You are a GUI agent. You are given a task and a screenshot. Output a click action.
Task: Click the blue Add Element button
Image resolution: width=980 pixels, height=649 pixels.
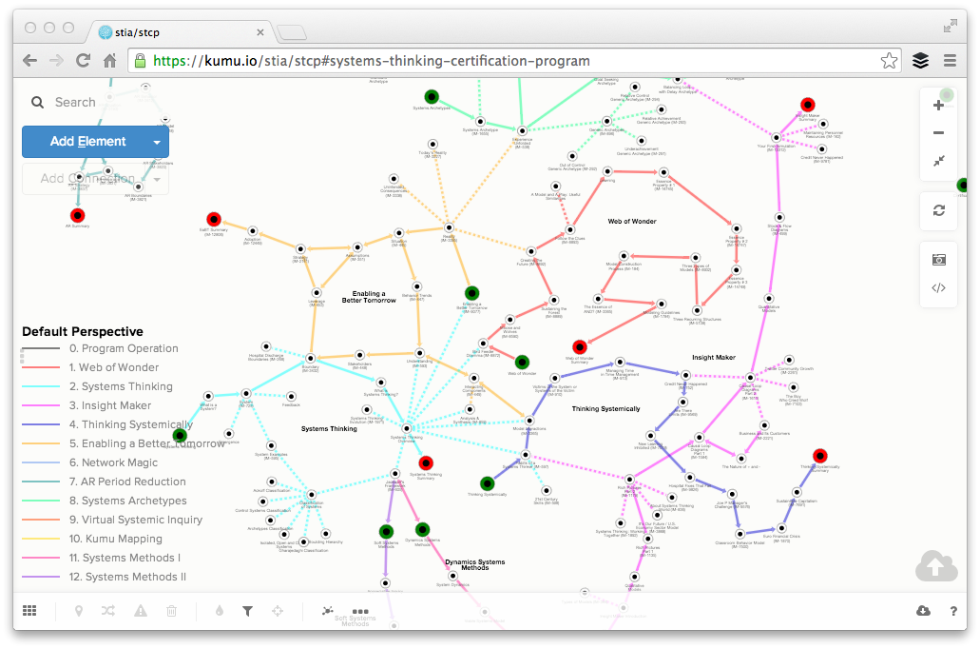pos(87,142)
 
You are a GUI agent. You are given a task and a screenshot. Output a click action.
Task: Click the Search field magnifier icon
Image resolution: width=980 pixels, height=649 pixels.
pos(38,103)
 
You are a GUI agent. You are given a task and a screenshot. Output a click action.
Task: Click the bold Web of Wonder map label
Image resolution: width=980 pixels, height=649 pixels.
pos(632,222)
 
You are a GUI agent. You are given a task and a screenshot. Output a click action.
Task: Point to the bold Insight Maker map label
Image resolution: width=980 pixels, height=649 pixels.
pos(714,358)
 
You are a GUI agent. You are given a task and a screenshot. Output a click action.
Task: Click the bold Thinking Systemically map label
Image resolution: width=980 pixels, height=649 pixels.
pos(605,409)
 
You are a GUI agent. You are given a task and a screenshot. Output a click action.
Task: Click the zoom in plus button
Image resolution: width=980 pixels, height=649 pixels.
pos(938,106)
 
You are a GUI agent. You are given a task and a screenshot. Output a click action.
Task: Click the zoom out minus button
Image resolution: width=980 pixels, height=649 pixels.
pos(938,133)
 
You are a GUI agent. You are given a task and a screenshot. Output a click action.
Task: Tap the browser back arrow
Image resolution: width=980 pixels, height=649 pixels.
pos(30,61)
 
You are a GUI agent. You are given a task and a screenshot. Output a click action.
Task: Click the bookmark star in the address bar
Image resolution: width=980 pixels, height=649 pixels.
pos(889,61)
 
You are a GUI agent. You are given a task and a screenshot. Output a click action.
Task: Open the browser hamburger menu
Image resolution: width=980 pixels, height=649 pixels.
pos(950,61)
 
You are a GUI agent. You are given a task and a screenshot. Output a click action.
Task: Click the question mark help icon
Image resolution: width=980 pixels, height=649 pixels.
pos(953,611)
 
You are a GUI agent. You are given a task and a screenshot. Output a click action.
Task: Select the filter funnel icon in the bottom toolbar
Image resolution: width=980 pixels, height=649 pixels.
pos(247,611)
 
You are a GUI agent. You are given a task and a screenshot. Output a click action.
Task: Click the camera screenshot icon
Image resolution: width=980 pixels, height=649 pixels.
pos(938,259)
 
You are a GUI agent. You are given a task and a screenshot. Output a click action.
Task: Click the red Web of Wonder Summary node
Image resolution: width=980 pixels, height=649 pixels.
pos(579,347)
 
